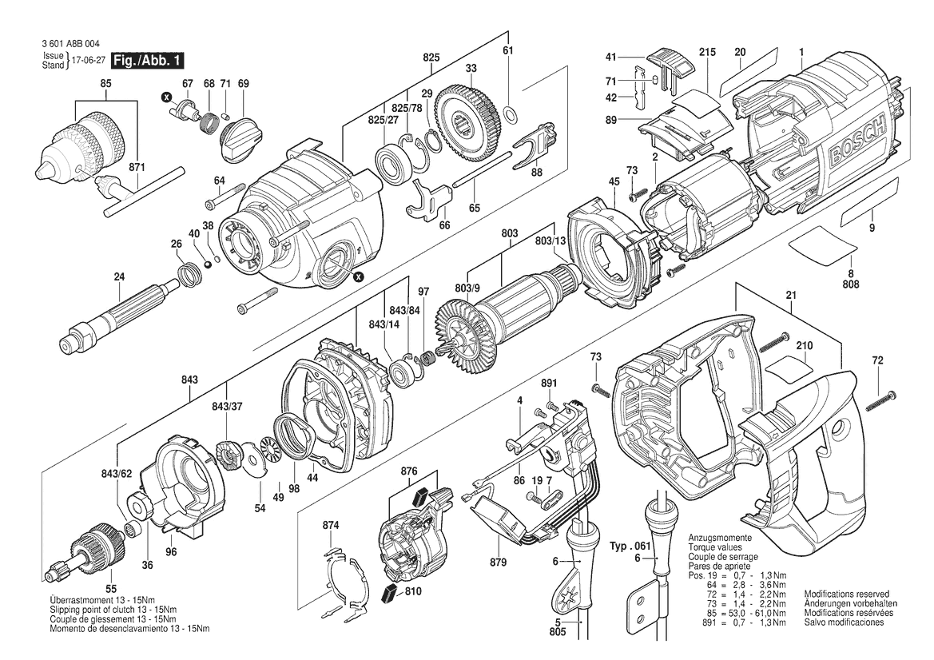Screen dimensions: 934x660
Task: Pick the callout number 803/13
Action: (550, 241)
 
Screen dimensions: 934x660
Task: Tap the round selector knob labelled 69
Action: (242, 139)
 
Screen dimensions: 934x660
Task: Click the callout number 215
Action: (707, 53)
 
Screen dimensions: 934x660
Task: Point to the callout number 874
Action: (331, 526)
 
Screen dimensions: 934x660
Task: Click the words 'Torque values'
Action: (715, 547)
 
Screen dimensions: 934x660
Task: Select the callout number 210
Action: (804, 346)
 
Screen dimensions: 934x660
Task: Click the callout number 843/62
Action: (117, 474)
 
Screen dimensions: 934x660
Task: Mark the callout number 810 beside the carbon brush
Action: (413, 591)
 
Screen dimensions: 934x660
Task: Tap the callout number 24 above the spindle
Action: (119, 276)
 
